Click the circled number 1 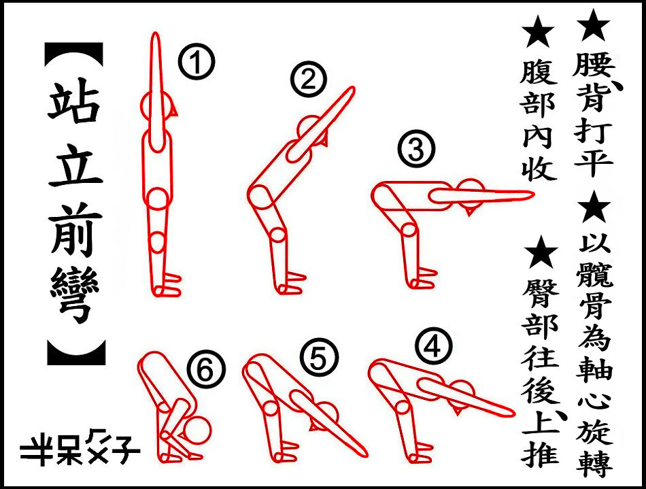[x=197, y=62]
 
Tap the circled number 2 [x=308, y=79]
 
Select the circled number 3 [x=416, y=149]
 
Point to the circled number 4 [x=433, y=346]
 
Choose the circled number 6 [x=207, y=369]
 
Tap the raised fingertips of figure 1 [x=155, y=35]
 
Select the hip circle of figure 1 [x=158, y=199]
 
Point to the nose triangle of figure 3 [x=469, y=212]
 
